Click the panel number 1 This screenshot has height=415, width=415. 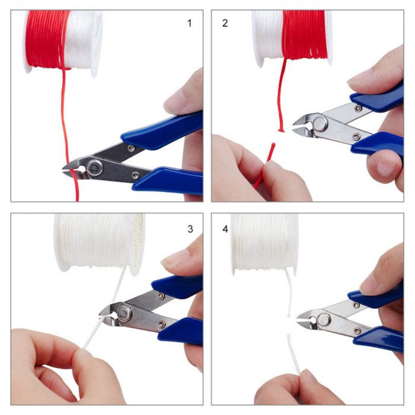190,23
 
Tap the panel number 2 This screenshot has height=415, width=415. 225,23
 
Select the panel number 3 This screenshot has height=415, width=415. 190,229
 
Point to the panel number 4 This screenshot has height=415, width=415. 225,229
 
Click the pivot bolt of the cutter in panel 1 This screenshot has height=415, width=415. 94,167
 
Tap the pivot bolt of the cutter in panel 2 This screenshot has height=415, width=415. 321,123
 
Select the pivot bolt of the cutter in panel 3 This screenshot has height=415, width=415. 124,314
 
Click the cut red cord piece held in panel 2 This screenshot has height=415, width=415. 264,166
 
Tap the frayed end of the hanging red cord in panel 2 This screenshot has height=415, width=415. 281,130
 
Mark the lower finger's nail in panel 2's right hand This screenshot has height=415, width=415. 385,167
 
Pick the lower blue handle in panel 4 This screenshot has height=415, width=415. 378,339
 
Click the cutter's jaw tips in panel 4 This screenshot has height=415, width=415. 299,319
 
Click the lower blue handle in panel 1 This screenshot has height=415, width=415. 167,180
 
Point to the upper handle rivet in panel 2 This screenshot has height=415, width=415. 359,108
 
